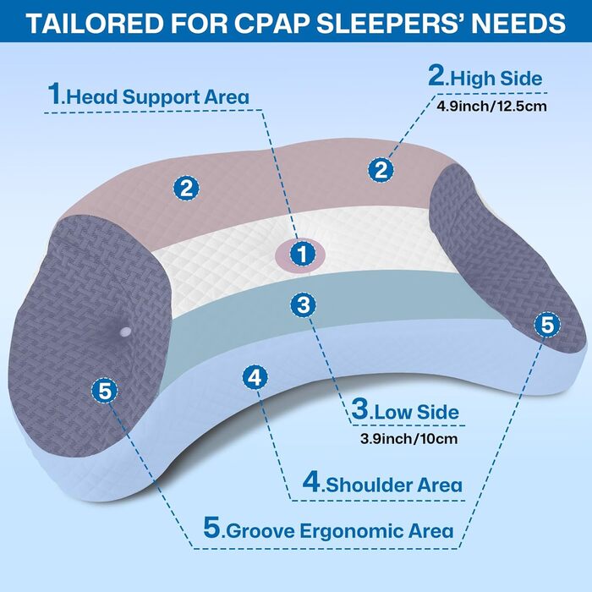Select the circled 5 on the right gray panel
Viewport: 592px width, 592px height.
(x=546, y=323)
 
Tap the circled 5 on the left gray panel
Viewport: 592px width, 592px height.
(x=105, y=391)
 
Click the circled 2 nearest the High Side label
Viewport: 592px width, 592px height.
(x=382, y=169)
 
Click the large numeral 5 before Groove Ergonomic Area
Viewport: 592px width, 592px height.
(x=212, y=529)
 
